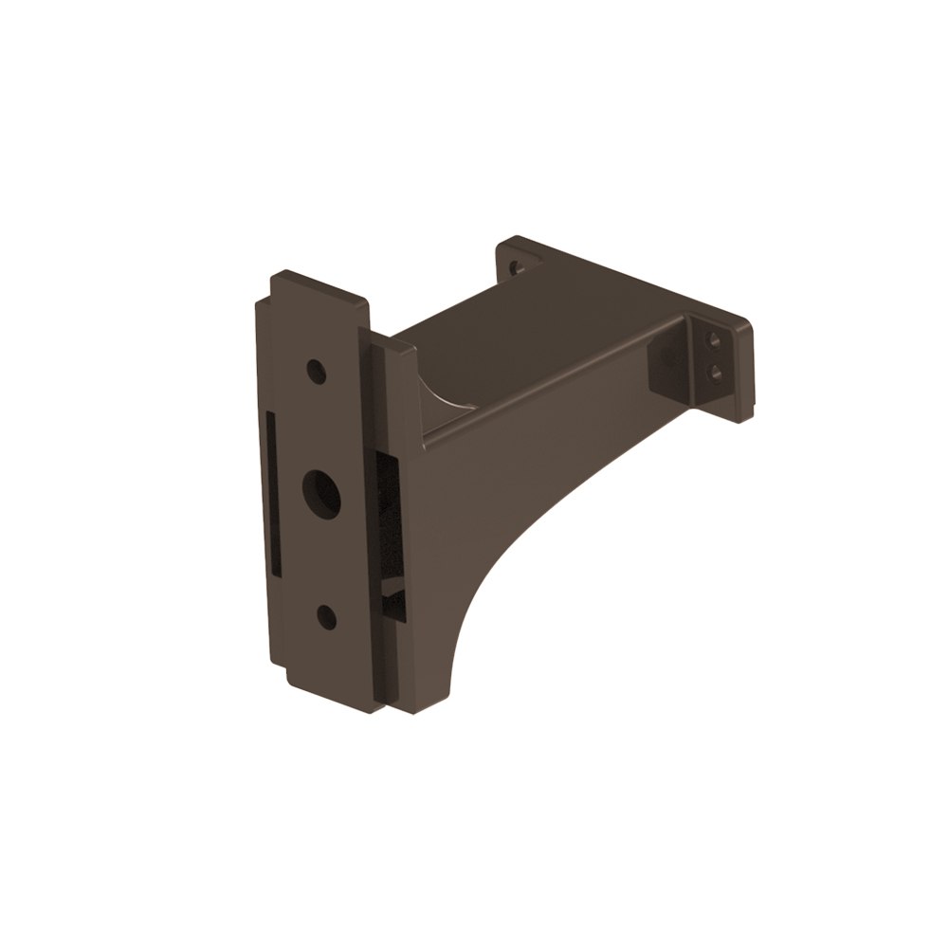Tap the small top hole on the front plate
[x=317, y=371]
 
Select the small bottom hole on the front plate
[x=325, y=618]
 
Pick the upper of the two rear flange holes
[x=714, y=340]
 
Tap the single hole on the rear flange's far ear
[x=517, y=266]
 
